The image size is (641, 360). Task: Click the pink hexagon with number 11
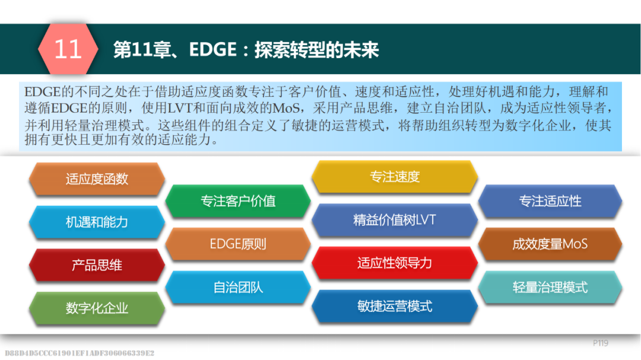tap(68, 49)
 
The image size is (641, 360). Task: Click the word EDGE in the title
tap(213, 50)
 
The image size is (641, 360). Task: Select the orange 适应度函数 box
tap(97, 179)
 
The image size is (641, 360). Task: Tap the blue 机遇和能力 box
tap(97, 222)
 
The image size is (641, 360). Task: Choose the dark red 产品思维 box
tap(97, 265)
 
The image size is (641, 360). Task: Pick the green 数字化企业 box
tap(97, 308)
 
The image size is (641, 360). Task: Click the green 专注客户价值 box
tap(238, 201)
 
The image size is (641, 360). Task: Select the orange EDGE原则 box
tap(238, 244)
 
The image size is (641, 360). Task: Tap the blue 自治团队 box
tap(238, 287)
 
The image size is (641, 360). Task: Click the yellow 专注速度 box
tap(395, 177)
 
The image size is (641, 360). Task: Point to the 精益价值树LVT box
tap(395, 220)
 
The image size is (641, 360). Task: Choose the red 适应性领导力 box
tap(395, 263)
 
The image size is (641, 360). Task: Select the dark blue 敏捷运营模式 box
tap(395, 306)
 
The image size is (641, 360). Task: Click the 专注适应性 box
tap(550, 201)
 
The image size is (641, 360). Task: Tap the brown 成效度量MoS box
tap(550, 244)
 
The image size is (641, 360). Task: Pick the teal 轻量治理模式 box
tap(550, 287)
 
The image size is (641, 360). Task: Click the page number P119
tap(601, 343)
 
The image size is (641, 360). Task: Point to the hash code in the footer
tap(80, 353)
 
